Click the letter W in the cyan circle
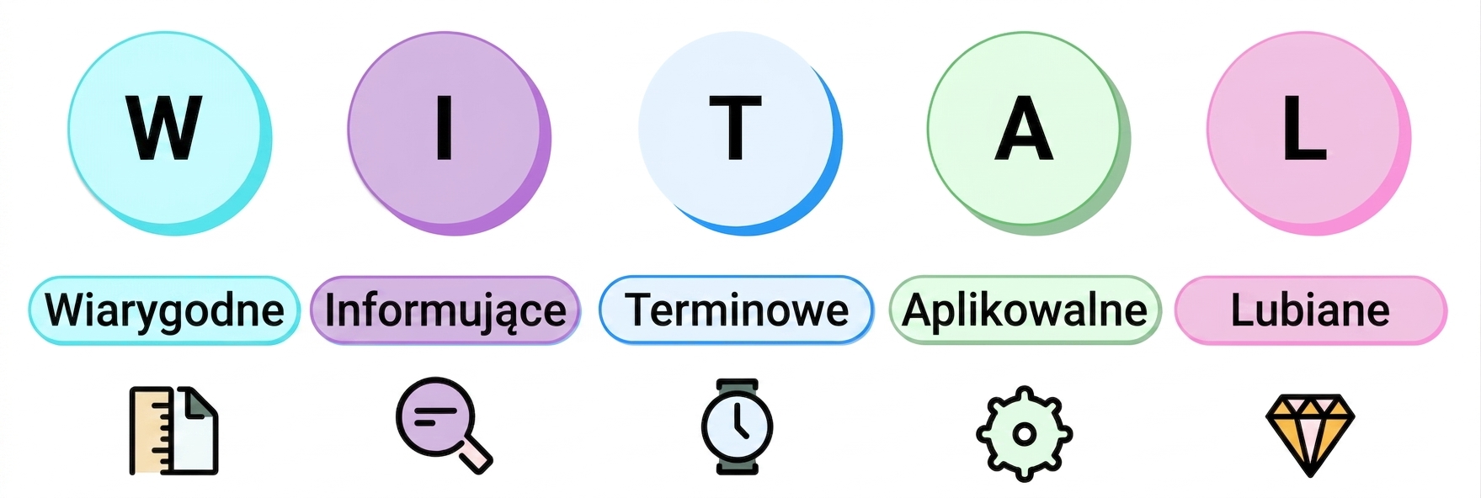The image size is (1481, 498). tap(164, 128)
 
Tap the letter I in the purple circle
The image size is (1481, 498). tap(445, 128)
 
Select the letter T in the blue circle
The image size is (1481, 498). tap(735, 128)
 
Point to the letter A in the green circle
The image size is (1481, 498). tap(1024, 128)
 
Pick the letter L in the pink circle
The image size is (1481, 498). tap(1304, 128)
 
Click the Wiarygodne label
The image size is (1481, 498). tap(164, 310)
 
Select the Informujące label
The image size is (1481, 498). tap(445, 310)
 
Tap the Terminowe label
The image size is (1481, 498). tap(736, 310)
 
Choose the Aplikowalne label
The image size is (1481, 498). tap(1025, 310)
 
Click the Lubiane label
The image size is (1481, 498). tap(1310, 310)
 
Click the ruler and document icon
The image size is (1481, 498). tap(173, 431)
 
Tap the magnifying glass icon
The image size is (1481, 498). tap(444, 426)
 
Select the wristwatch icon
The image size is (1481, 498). tap(737, 426)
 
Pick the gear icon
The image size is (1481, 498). tap(1024, 434)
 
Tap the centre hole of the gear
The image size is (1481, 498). tap(1024, 434)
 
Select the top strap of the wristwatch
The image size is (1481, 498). tap(737, 387)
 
